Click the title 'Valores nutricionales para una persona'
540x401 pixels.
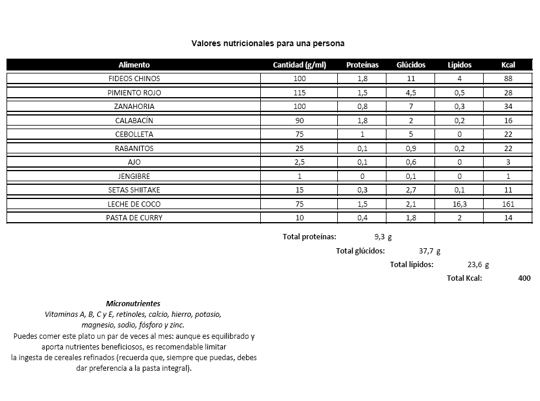click(x=268, y=43)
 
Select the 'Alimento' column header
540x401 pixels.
click(x=134, y=65)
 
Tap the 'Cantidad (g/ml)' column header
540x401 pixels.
click(x=299, y=65)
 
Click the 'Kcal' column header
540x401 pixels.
click(x=508, y=65)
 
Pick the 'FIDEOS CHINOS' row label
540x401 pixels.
click(x=134, y=79)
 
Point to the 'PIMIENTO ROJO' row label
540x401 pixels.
click(x=134, y=93)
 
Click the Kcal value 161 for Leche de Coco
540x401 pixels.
click(x=508, y=204)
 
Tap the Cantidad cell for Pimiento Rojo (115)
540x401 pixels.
click(x=299, y=93)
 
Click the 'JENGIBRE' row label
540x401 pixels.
click(x=134, y=176)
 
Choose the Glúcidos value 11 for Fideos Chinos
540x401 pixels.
click(x=411, y=79)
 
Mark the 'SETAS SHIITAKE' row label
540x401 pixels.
click(x=134, y=190)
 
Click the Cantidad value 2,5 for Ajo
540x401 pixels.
click(x=299, y=162)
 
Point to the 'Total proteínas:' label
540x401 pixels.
click(x=309, y=237)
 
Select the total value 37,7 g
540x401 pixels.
click(x=429, y=251)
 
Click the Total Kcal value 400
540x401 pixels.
click(x=524, y=278)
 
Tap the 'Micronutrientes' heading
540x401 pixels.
click(x=133, y=303)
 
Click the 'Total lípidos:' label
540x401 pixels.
click(x=411, y=265)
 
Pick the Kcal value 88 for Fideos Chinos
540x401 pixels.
click(x=508, y=79)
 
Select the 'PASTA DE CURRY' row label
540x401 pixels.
click(x=134, y=217)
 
